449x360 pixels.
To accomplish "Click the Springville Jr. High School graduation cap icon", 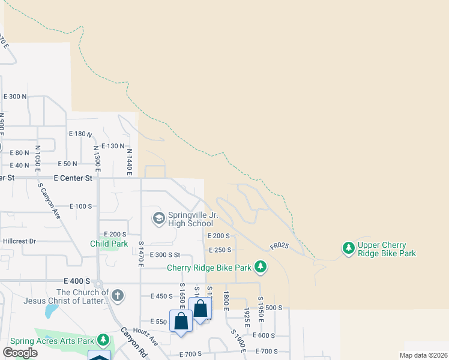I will click(158, 217).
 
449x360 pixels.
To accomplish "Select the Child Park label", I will click(109, 244).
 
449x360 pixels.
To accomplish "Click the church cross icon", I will click(118, 295).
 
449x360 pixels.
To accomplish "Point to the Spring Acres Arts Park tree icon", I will click(103, 340).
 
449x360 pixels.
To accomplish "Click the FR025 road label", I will click(279, 246).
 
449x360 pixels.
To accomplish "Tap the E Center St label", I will click(73, 178).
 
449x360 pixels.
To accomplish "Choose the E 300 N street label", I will click(15, 97).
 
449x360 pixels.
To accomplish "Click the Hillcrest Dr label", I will click(19, 241).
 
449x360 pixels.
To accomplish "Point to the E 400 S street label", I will click(76, 281).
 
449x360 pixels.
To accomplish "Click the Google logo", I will click(20, 352).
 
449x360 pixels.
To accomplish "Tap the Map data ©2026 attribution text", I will click(423, 355).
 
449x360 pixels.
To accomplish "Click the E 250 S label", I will click(219, 250).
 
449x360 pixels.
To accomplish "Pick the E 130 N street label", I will click(112, 146).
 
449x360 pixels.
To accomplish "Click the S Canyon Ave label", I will click(50, 201).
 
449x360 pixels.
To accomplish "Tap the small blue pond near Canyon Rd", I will click(52, 311).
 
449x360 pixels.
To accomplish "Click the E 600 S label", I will click(264, 335).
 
